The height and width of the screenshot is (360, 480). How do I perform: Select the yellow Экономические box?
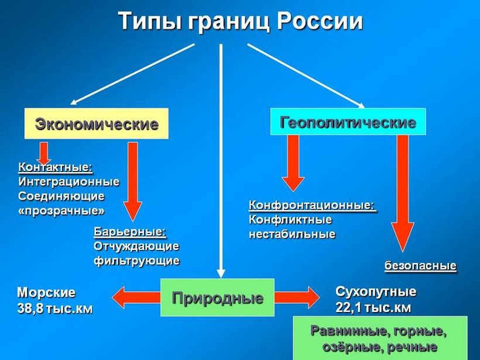(x=97, y=124)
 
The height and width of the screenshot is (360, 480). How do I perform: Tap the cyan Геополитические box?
(x=348, y=122)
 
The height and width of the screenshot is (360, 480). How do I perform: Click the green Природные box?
(x=217, y=298)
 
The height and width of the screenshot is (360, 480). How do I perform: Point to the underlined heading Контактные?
(x=56, y=167)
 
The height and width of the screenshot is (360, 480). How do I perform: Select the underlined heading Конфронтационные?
(x=312, y=205)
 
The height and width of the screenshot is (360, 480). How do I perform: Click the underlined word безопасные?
(x=420, y=266)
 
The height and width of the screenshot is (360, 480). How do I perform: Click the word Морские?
(x=46, y=292)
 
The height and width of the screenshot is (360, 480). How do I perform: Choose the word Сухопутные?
(x=376, y=292)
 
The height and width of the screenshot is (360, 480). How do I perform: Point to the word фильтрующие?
(x=136, y=260)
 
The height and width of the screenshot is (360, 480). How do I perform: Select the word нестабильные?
(x=292, y=234)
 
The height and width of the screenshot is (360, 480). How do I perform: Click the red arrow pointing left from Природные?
(x=136, y=298)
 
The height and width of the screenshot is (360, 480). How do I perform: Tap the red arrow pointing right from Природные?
(x=297, y=297)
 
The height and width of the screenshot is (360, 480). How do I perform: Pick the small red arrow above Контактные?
(x=43, y=152)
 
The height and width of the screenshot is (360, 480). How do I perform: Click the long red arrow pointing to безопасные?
(x=403, y=193)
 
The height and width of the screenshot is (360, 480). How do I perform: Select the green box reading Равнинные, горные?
(x=380, y=338)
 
